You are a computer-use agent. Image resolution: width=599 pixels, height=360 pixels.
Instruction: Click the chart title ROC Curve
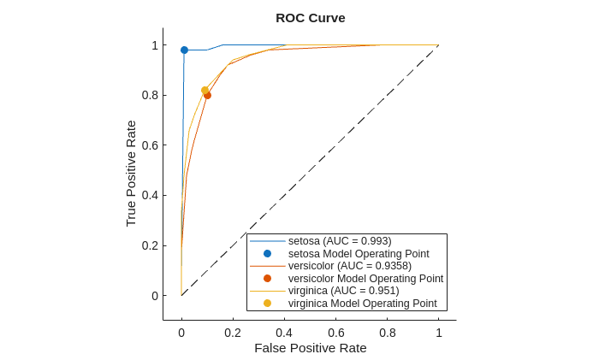point(310,18)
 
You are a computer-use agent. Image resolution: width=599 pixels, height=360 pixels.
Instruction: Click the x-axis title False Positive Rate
point(310,348)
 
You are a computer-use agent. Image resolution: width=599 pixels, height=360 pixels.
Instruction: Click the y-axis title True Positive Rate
point(131,173)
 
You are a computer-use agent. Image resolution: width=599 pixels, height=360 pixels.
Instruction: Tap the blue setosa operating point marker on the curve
point(184,50)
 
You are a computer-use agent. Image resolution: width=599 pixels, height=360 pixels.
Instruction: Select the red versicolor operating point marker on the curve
point(207,95)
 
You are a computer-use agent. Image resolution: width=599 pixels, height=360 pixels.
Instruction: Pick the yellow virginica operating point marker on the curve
point(205,90)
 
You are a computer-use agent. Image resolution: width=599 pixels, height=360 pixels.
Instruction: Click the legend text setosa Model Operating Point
point(359,254)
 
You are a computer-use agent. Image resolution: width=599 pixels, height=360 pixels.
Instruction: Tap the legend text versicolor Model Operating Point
point(365,279)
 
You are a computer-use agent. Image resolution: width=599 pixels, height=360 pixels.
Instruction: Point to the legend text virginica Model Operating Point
point(362,304)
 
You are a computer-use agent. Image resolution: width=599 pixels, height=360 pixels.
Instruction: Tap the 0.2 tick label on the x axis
point(233,333)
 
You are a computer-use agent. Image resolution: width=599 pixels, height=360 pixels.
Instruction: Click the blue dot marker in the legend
point(267,254)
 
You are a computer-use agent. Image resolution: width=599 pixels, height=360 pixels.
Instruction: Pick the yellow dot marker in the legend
point(267,304)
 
